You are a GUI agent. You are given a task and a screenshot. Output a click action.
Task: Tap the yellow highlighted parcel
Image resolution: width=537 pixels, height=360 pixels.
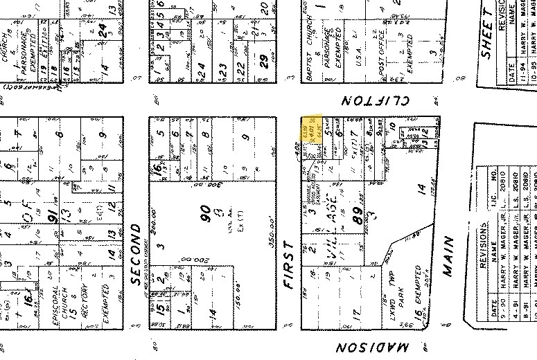[312, 130]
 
